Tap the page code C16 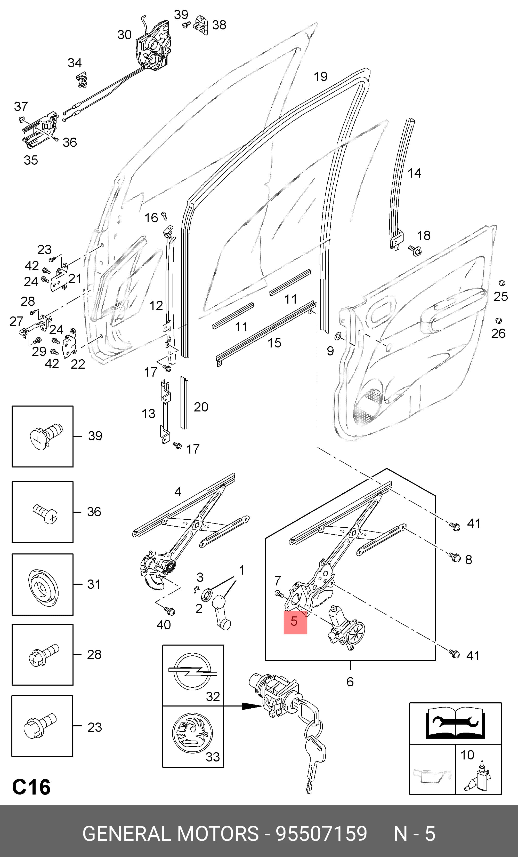(31, 787)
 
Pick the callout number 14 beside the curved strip (414, 173)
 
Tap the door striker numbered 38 (201, 25)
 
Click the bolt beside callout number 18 (415, 250)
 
